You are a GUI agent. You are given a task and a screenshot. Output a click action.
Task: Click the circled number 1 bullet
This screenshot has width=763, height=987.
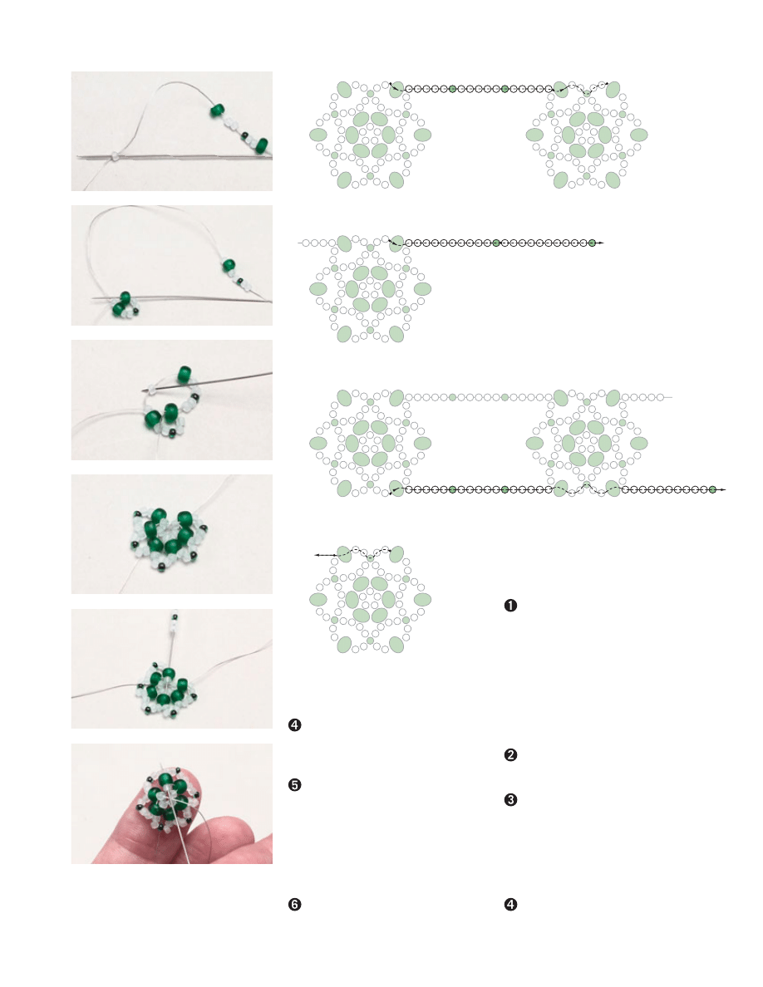pyautogui.click(x=510, y=606)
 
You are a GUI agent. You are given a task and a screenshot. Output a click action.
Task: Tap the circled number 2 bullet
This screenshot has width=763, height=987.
pyautogui.click(x=510, y=754)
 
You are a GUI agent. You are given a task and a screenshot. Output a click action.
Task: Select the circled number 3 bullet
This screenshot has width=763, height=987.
pyautogui.click(x=510, y=800)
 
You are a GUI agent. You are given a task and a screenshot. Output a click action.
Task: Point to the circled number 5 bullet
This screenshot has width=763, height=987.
pyautogui.click(x=294, y=785)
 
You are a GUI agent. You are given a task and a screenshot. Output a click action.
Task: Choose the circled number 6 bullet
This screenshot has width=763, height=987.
pyautogui.click(x=294, y=905)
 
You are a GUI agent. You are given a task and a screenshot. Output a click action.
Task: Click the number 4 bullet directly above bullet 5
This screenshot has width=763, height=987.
pyautogui.click(x=294, y=725)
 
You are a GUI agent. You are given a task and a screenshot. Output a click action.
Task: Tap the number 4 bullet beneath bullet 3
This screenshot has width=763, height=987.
pyautogui.click(x=510, y=905)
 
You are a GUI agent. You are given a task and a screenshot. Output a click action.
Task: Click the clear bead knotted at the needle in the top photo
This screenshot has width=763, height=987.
pyautogui.click(x=115, y=155)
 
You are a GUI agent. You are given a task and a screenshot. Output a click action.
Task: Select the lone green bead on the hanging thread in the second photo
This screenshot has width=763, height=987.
pyautogui.click(x=229, y=265)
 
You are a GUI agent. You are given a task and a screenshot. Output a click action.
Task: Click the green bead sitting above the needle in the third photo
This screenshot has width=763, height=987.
pyautogui.click(x=185, y=374)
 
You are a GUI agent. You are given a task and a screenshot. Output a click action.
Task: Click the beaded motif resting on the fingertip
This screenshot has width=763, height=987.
pyautogui.click(x=168, y=796)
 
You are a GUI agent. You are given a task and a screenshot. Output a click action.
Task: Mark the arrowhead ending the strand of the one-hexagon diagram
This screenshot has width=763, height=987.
pyautogui.click(x=601, y=243)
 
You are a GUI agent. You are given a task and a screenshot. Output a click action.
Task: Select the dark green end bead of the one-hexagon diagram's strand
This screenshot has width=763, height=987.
pyautogui.click(x=592, y=243)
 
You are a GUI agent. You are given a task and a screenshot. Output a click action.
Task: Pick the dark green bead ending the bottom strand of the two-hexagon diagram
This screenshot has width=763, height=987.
pyautogui.click(x=712, y=489)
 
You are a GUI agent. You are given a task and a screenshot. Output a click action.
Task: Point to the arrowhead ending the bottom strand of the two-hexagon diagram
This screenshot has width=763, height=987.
pyautogui.click(x=723, y=489)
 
